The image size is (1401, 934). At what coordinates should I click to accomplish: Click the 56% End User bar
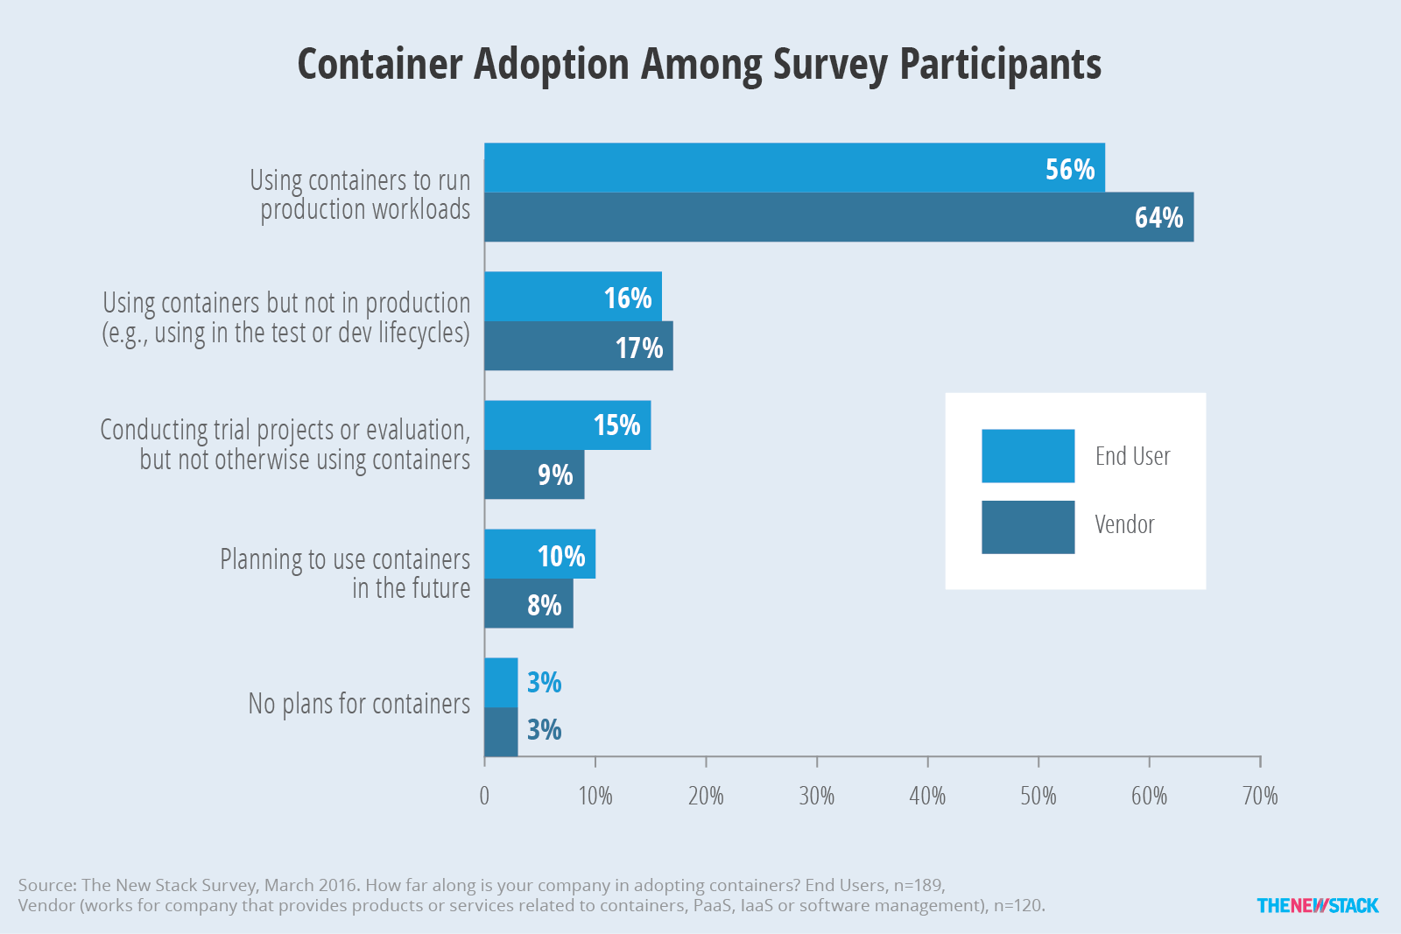tap(794, 167)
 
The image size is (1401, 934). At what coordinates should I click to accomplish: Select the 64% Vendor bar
tap(839, 217)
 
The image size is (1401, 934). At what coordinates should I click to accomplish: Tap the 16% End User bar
tap(573, 297)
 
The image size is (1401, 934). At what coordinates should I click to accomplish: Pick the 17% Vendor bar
tap(579, 346)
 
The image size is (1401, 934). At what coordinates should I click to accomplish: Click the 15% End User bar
tap(567, 425)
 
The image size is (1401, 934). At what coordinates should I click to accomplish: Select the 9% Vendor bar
tap(534, 474)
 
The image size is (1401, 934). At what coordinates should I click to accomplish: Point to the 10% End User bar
tap(539, 554)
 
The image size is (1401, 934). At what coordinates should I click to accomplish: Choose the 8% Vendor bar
tap(529, 603)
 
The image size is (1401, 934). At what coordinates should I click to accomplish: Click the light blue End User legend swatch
tap(1028, 456)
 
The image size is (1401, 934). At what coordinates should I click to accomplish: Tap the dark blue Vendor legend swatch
tap(1028, 527)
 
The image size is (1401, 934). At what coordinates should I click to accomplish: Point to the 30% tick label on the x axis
tap(817, 796)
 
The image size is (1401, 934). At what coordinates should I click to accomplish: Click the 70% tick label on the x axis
tap(1260, 796)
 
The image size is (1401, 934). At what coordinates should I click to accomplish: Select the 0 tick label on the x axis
tap(484, 796)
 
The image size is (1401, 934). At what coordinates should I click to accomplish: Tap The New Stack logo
tap(1318, 905)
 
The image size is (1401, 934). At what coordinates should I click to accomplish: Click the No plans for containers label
tap(359, 704)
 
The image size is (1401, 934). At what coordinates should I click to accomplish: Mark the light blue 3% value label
tap(544, 682)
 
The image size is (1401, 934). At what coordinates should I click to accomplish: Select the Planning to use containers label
tap(345, 559)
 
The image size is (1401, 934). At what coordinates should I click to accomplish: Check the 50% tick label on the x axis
tap(1038, 796)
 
